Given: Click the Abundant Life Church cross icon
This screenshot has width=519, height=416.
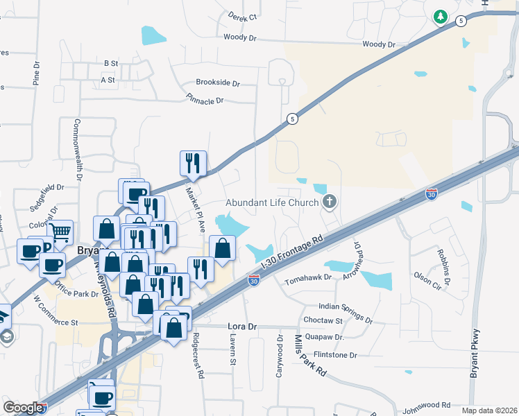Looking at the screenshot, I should [330, 202].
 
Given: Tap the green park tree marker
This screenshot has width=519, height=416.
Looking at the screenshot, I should [440, 17].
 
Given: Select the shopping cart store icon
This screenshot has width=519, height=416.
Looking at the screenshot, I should [61, 232].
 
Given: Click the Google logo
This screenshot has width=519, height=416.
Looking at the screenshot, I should [23, 408].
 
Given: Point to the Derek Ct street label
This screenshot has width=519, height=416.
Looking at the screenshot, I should [243, 16].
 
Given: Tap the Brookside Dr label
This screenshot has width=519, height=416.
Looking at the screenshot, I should [217, 83].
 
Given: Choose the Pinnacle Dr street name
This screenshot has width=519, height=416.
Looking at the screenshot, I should [205, 101].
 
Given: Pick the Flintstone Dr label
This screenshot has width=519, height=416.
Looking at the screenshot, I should [334, 355].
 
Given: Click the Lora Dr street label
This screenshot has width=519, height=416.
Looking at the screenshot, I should [242, 326].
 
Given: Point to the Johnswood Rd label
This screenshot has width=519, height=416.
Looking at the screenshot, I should [426, 404].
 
